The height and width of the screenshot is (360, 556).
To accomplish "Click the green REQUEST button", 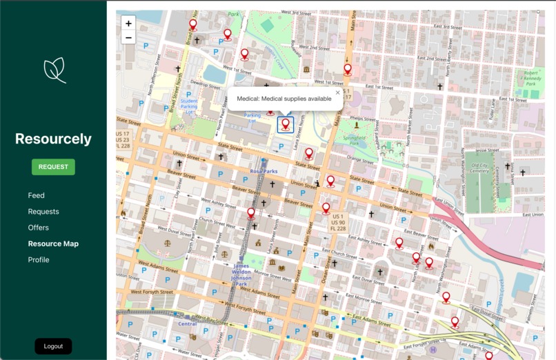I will [53, 167].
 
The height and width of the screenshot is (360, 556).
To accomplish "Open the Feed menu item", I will [36, 195].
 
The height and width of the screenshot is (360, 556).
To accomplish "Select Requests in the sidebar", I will [43, 212].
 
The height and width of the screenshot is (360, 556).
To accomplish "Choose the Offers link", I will [38, 228].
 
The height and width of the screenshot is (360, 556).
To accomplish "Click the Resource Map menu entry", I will [53, 243].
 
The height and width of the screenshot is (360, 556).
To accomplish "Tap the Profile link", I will [39, 260].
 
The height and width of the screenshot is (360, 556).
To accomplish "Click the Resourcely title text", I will [53, 139].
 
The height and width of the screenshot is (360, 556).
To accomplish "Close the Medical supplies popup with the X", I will [337, 92].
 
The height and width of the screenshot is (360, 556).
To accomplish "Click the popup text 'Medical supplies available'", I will [284, 99].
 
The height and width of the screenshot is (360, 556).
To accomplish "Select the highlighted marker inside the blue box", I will [286, 125].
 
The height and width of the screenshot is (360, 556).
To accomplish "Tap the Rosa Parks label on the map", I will [264, 171].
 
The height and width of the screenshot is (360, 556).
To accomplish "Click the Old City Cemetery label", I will [480, 170].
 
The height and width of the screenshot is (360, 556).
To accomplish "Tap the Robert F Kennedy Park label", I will [530, 77].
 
